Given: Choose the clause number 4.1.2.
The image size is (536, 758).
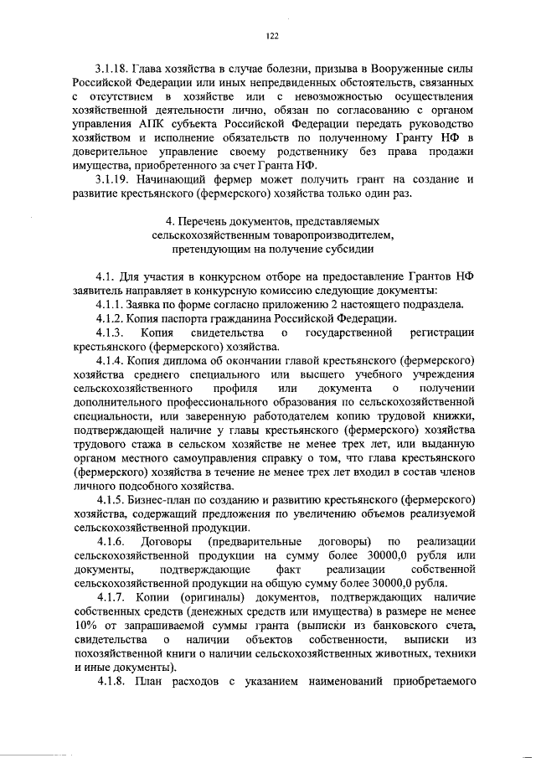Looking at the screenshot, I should [x=114, y=318].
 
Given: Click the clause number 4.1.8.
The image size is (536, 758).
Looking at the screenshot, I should [x=114, y=683].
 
